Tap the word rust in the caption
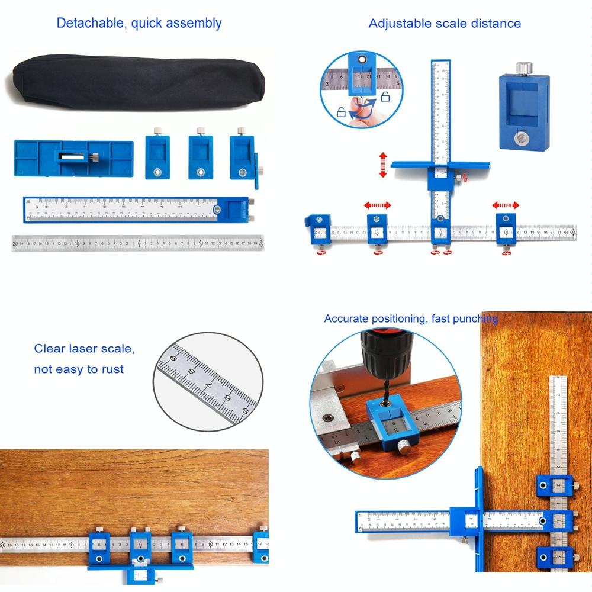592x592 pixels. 112,369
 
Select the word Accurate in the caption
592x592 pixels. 347,319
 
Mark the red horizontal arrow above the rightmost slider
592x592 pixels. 506,205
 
